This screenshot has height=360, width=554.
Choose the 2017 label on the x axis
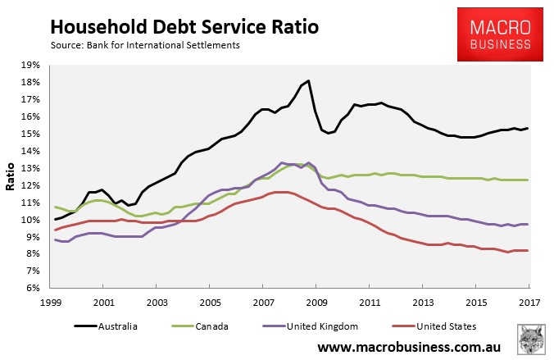pos(529,301)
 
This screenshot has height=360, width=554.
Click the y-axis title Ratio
pos(12,176)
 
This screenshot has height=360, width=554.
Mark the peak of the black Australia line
pos(308,80)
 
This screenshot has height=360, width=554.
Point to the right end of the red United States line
pos(528,251)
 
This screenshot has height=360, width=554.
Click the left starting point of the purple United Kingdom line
pos(54,239)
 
